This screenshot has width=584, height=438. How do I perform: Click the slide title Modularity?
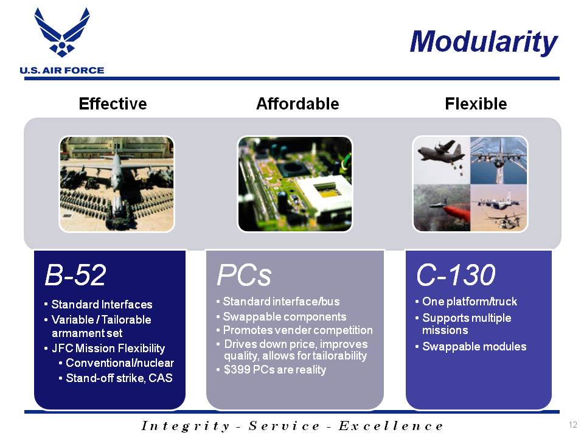point(484,42)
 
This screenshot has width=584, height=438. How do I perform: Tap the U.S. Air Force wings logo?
point(62,32)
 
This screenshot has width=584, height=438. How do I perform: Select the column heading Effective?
point(113,103)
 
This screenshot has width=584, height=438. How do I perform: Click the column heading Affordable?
point(297,103)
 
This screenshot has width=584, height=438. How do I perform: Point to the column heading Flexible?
point(476,103)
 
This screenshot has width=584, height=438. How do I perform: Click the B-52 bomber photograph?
point(117,184)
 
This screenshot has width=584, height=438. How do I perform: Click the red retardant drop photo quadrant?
point(442,208)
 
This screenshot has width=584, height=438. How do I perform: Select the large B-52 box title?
point(75,275)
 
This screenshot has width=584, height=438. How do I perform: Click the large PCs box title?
point(244,275)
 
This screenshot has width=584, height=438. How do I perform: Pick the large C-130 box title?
point(456,275)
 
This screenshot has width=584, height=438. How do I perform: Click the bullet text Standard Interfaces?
point(102,305)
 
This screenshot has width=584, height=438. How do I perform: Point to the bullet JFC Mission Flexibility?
point(108,348)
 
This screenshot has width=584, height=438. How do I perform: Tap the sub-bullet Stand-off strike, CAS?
point(119,378)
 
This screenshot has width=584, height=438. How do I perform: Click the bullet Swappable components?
point(285,316)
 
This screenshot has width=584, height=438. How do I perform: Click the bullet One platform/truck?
point(470,301)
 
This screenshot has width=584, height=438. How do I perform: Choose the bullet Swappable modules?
point(474,346)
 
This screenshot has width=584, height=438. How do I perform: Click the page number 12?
point(573,425)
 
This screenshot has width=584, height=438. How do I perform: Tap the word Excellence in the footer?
point(391,426)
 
